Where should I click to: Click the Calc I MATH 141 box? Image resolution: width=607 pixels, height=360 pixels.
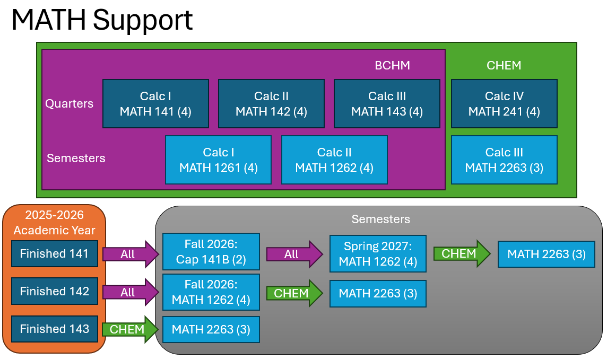(155, 104)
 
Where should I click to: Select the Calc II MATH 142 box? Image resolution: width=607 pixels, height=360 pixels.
(271, 104)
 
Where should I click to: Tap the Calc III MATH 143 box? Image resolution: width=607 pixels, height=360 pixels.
(387, 104)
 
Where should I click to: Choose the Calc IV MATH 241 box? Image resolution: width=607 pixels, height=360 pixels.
(504, 104)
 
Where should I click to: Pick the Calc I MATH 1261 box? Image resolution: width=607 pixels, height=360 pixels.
(218, 160)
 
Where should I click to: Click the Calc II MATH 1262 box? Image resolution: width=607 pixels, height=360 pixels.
(334, 160)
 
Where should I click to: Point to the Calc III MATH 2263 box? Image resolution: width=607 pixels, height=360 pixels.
(504, 160)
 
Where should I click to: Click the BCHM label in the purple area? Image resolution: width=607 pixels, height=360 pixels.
(392, 66)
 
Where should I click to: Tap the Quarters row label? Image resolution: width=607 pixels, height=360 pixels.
(69, 103)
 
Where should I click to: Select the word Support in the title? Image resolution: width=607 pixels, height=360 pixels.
(143, 20)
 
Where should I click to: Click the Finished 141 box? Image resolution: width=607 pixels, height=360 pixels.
(54, 254)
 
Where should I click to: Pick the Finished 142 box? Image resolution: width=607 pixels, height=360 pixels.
(54, 292)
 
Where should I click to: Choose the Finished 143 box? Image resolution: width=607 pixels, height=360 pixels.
(54, 329)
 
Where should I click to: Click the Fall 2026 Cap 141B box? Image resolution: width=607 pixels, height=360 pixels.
(211, 251)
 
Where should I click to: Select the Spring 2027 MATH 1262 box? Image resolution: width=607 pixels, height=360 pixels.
(378, 254)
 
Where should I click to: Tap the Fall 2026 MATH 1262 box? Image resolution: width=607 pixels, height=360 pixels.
(211, 292)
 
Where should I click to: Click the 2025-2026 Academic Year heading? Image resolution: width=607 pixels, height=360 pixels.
(55, 223)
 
